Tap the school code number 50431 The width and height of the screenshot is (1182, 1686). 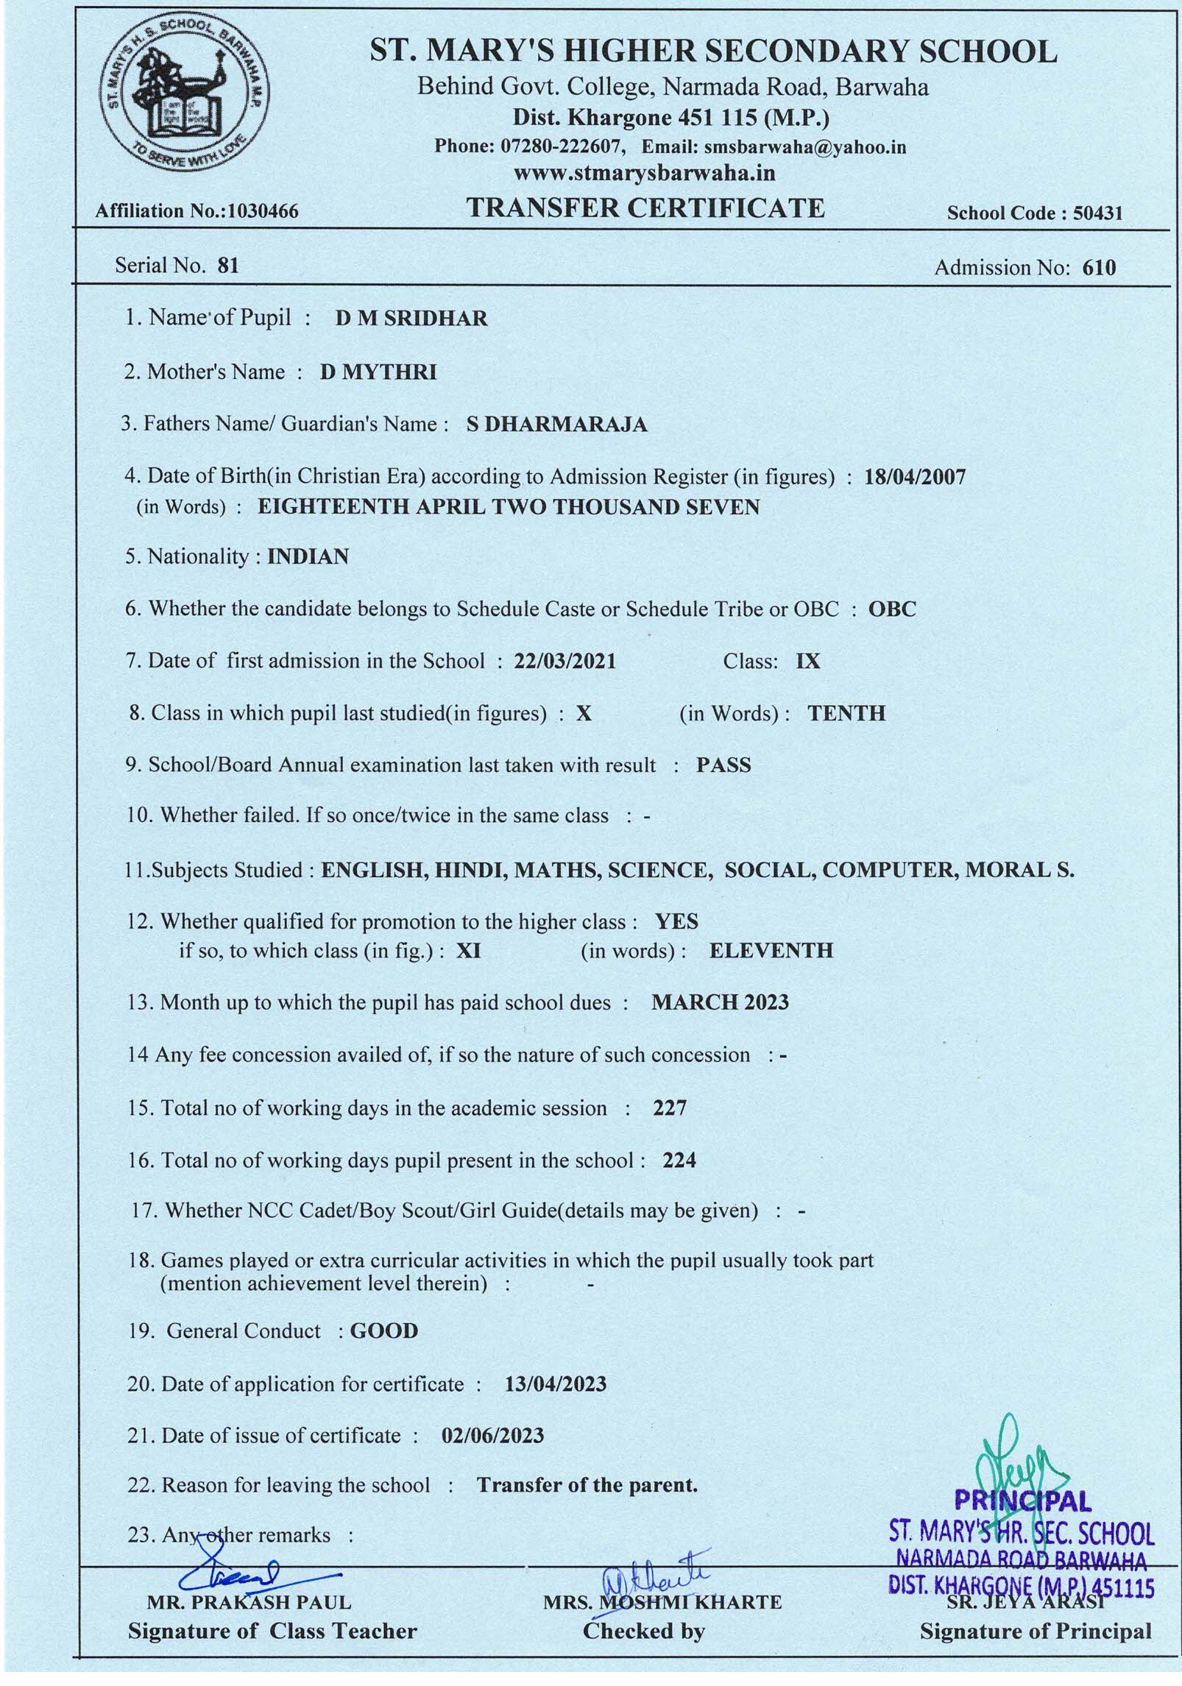click(x=1097, y=213)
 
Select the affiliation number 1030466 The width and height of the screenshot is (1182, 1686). click(x=263, y=212)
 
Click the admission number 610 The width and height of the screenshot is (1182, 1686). click(x=1099, y=268)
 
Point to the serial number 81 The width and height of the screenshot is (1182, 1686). click(x=229, y=265)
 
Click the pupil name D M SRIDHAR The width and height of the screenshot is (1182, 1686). click(x=411, y=319)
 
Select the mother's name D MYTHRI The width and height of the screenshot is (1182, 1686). click(x=378, y=372)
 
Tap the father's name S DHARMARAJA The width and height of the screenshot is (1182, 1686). click(x=557, y=425)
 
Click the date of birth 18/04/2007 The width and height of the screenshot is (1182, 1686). click(x=916, y=477)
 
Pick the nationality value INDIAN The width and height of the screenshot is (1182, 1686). click(x=308, y=556)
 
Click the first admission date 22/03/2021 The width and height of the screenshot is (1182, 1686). click(x=565, y=661)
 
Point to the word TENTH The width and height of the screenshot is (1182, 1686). click(x=846, y=713)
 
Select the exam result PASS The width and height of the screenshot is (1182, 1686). click(x=723, y=765)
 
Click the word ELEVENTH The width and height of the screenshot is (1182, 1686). click(x=771, y=950)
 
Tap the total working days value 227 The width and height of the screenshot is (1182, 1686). click(x=670, y=1108)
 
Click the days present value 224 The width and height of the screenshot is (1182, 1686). click(x=679, y=1161)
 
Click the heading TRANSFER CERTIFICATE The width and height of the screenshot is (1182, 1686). click(x=646, y=208)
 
